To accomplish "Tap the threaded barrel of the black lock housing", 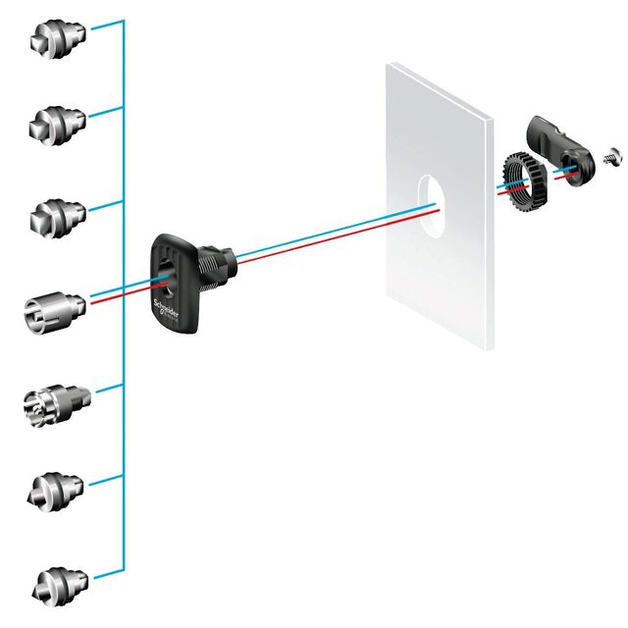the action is (x=219, y=263).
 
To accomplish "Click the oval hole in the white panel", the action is (x=427, y=197).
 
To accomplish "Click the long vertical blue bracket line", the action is (x=123, y=294).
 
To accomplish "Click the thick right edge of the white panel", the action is (x=488, y=226).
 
